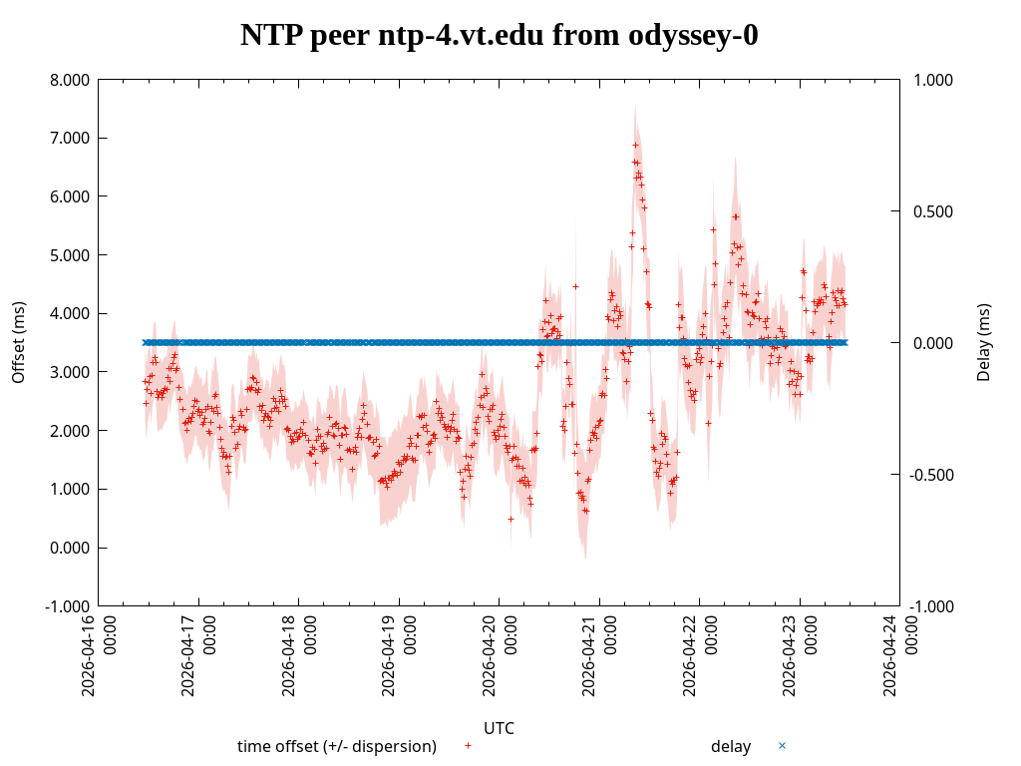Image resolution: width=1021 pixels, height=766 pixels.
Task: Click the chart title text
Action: click(499, 36)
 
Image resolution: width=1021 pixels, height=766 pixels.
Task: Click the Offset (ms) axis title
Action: click(18, 342)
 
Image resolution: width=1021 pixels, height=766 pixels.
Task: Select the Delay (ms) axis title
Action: click(984, 342)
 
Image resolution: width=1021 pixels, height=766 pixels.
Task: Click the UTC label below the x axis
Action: click(499, 728)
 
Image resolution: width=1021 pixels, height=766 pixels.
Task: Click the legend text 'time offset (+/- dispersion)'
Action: click(337, 746)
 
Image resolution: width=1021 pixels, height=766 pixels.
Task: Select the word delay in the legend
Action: click(731, 746)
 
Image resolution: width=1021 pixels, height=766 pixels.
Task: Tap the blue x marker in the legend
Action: click(782, 745)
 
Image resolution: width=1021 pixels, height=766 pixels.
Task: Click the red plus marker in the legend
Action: click(468, 745)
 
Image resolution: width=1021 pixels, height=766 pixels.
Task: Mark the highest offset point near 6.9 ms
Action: click(634, 144)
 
